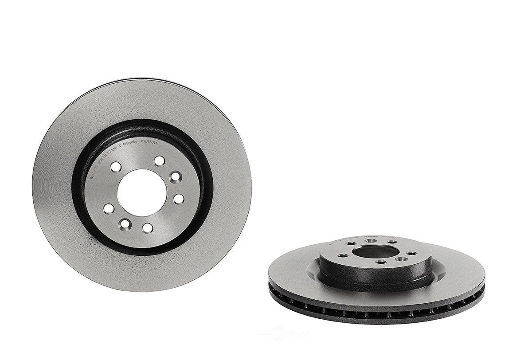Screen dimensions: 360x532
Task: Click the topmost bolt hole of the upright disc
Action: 159,161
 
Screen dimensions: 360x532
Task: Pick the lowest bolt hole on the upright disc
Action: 148,227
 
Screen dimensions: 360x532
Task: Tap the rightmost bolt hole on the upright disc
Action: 178,199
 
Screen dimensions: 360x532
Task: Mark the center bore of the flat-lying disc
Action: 376,252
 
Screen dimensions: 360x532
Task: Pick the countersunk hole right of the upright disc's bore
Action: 176,177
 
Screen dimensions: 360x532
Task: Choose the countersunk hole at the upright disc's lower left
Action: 126,223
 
